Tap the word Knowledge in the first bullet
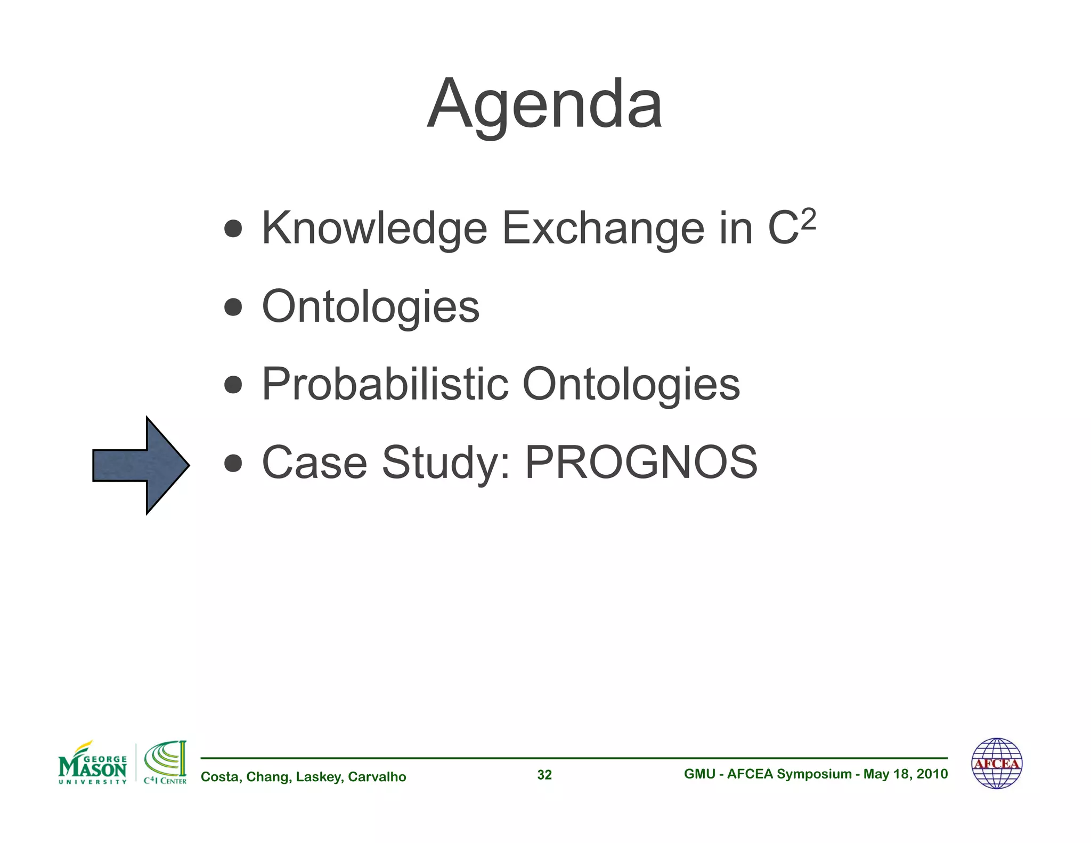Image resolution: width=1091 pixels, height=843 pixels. coord(374,229)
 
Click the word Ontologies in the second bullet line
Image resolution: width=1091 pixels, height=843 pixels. coord(371,307)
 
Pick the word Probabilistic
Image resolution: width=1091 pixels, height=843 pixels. coord(385,384)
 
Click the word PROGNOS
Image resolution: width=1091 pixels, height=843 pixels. coord(641,463)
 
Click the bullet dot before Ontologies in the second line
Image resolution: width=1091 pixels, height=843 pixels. coord(233,307)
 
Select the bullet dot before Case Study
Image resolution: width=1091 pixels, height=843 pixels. coord(233,463)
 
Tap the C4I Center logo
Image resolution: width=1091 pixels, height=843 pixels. coord(165,763)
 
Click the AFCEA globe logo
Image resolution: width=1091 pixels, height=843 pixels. coord(997,763)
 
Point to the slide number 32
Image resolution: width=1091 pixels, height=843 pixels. coord(544,775)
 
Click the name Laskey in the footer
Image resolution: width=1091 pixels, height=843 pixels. coord(318,777)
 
